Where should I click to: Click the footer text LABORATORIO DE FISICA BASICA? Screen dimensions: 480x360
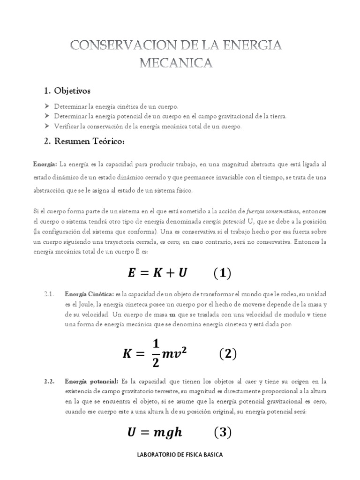tap(180, 455)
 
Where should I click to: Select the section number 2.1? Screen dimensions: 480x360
tap(50, 294)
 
